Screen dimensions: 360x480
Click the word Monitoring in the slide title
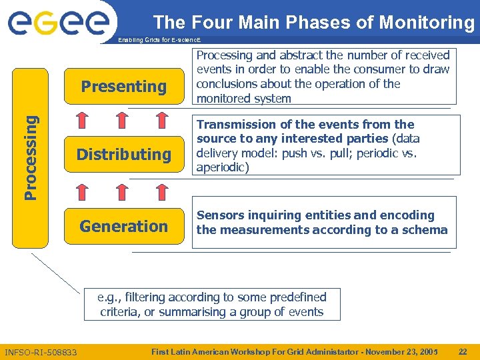click(x=427, y=23)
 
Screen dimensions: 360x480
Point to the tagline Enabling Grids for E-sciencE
click(x=159, y=41)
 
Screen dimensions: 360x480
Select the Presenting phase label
click(x=123, y=87)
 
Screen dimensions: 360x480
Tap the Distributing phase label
click(x=123, y=155)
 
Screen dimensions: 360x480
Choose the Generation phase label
click(x=123, y=227)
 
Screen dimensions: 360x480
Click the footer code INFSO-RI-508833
click(x=41, y=352)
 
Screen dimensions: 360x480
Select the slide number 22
click(x=463, y=351)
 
